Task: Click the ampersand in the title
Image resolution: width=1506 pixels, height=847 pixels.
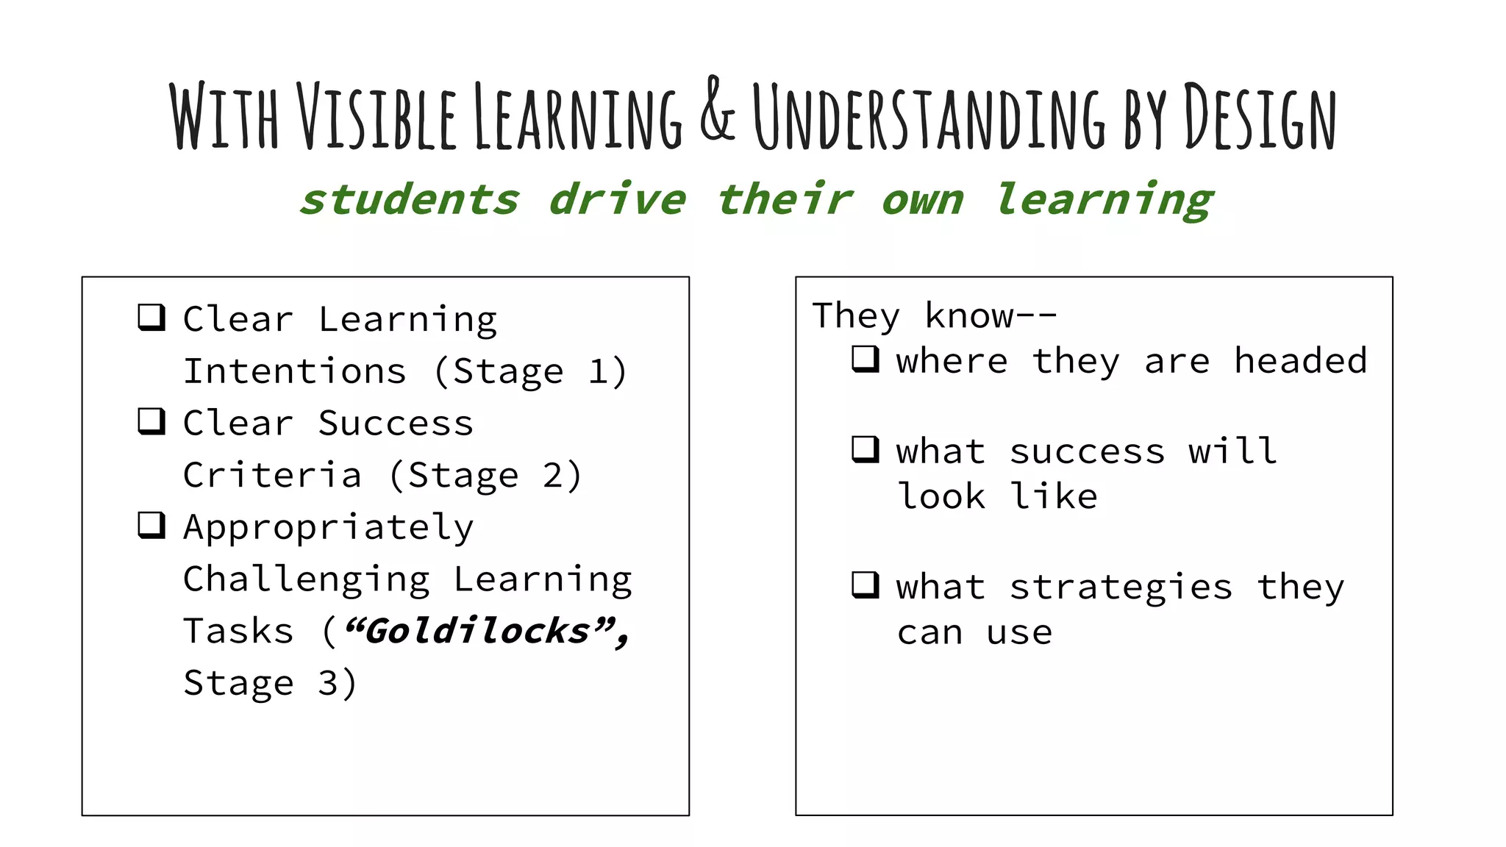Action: coord(717,110)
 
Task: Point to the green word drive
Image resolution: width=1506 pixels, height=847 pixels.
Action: coord(618,200)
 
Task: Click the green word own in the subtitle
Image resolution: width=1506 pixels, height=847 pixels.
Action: coord(922,200)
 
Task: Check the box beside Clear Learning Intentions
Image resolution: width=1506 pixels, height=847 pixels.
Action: coord(151,318)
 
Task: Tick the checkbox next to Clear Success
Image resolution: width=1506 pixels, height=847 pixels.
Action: coord(151,421)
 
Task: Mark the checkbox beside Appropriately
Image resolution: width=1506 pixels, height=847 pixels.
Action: coord(151,525)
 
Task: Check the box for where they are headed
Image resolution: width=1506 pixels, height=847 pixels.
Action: coord(865,360)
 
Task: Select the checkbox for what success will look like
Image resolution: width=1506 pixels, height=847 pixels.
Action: coord(865,449)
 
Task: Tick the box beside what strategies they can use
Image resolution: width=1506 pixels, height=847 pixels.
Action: coord(865,585)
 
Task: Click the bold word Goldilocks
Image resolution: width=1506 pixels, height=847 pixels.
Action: coord(478,631)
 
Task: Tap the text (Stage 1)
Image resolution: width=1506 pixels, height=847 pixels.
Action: coord(530,371)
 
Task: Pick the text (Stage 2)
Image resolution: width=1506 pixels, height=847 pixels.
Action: coord(485,475)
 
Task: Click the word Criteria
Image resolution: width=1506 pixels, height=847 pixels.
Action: coord(272,475)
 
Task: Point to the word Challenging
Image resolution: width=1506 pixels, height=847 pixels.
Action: coord(307,580)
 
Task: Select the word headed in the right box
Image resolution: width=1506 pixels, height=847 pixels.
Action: coord(1300,361)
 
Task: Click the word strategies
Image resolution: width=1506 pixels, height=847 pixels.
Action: coord(1121,587)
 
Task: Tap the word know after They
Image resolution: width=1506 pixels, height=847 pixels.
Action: coord(969,316)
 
